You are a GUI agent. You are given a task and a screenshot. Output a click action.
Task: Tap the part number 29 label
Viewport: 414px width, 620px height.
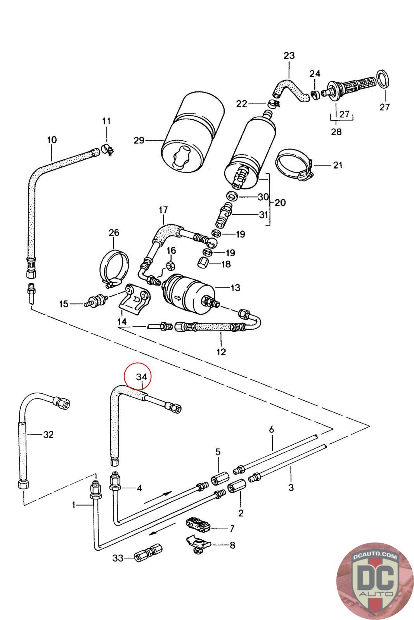coord(139,140)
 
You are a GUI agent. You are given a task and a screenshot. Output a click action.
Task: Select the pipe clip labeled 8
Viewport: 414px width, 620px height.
coord(197,544)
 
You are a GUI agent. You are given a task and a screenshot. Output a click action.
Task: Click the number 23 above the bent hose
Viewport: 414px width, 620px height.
coord(289,55)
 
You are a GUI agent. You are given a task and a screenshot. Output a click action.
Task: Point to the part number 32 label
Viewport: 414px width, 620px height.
coord(48,434)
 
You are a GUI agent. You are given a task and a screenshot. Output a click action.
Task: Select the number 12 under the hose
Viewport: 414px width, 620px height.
coord(221,352)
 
